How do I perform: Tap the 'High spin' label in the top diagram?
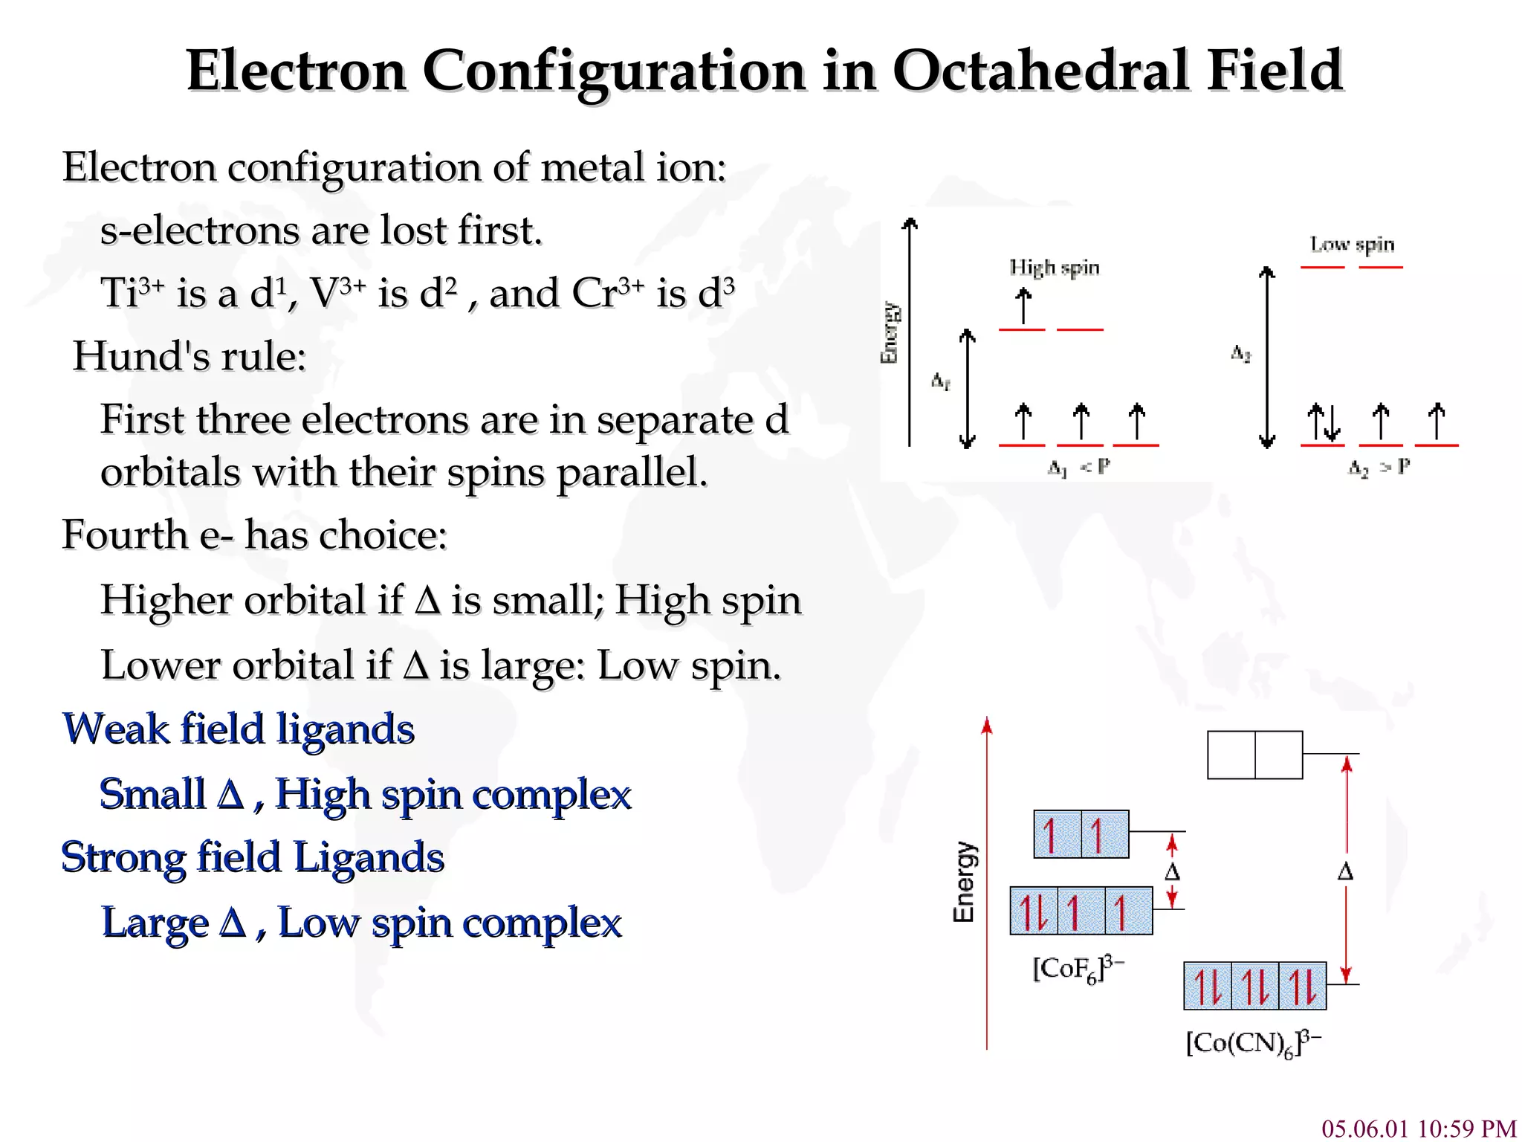coord(1054,268)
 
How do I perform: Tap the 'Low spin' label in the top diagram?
coord(1352,245)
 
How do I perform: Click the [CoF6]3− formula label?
coord(1078,969)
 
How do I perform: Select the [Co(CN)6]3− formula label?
coord(1253,1042)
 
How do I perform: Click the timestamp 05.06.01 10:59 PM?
coord(1419,1128)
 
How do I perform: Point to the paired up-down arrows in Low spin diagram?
coord(1324,423)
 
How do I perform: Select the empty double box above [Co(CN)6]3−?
coord(1254,755)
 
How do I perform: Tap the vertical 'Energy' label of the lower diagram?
coord(964,883)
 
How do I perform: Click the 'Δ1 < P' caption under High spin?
coord(1079,468)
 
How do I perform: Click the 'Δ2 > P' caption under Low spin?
coord(1379,468)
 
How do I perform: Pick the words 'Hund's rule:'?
coord(190,356)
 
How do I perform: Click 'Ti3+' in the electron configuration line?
coord(132,292)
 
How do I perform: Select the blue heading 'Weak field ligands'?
coord(239,729)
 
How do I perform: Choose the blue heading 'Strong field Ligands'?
coord(253,857)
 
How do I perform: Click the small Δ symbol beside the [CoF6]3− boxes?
coord(1172,871)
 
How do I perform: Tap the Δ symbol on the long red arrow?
coord(1345,871)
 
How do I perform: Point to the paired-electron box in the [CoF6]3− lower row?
coord(1034,911)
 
